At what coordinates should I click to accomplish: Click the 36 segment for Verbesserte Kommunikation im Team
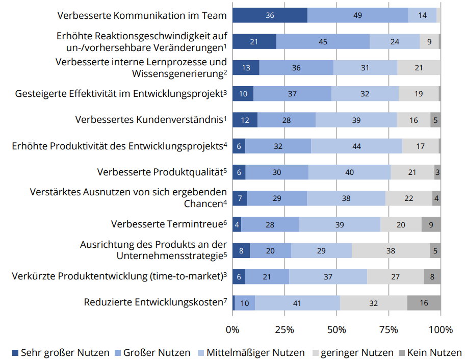pos(270,15)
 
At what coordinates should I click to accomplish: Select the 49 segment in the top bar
pos(358,15)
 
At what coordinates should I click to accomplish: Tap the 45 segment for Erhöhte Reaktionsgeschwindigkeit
pos(323,42)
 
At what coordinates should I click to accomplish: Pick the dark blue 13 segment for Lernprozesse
pos(246,68)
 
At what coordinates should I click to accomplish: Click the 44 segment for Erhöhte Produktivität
pos(356,146)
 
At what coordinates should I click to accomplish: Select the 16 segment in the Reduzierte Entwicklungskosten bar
pos(424,303)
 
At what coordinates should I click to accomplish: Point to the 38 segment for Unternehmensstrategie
pos(391,251)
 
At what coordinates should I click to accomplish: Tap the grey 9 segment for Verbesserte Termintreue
pos(431,224)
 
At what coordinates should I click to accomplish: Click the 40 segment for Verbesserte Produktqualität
pos(349,172)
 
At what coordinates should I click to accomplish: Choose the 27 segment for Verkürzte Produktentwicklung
pos(395,277)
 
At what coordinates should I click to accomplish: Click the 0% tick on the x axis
pos(232,329)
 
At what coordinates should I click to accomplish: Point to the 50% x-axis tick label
pos(337,329)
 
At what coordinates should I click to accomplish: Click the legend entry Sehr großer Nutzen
pos(60,352)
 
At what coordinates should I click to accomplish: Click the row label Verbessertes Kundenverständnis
pos(150,120)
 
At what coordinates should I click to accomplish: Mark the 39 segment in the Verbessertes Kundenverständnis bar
pos(356,120)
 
